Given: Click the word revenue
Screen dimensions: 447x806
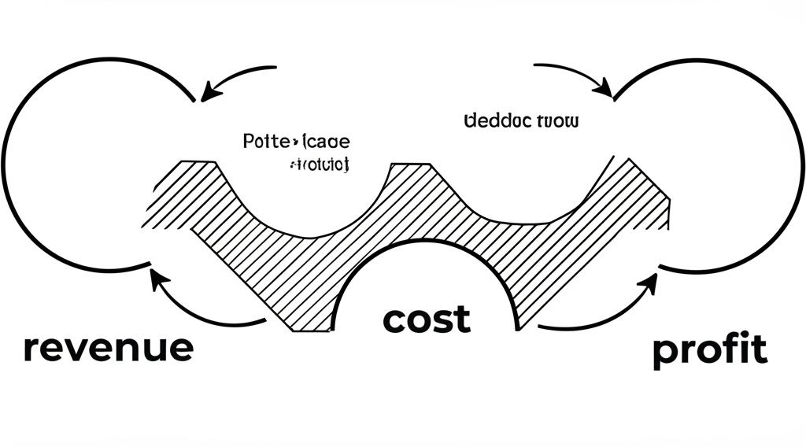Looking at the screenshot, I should click(108, 347).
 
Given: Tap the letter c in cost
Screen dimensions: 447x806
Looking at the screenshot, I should click(394, 320).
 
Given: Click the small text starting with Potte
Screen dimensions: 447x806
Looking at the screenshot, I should click(295, 142).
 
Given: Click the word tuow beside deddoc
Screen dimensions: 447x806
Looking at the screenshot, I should click(556, 121).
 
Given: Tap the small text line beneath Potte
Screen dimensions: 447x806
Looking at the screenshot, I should click(319, 165).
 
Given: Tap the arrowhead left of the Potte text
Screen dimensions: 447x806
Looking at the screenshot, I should click(208, 94).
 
